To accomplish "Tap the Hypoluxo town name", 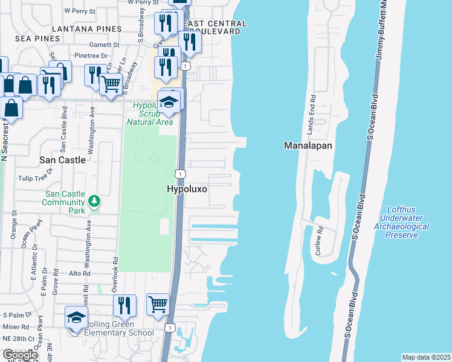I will [x=187, y=189].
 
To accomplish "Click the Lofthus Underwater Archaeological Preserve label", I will [x=401, y=222].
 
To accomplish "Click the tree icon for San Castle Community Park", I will [x=94, y=200].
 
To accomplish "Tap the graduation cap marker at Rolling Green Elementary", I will [x=77, y=318].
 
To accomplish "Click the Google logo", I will [x=20, y=355].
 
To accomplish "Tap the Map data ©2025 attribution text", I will [x=425, y=357].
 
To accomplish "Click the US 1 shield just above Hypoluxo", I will [x=179, y=174].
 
